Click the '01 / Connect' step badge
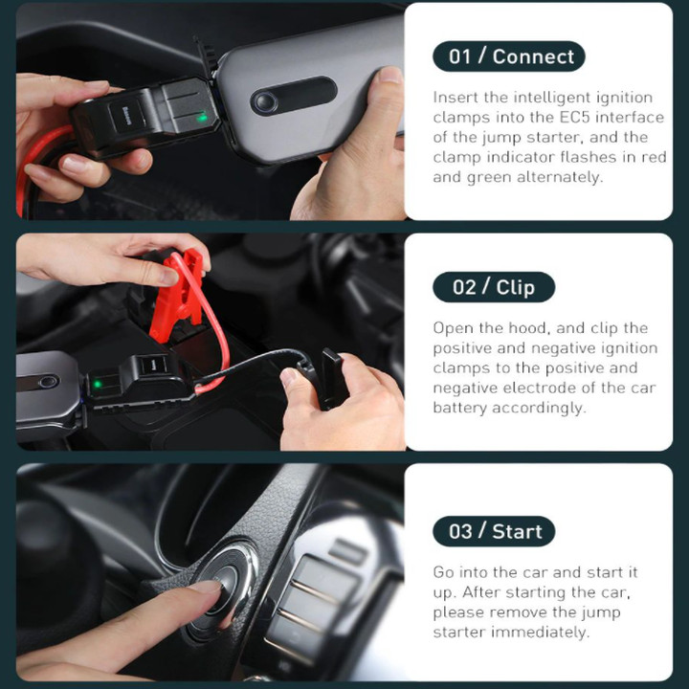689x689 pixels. (509, 56)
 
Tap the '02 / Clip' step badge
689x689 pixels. (494, 287)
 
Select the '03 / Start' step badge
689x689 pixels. (494, 531)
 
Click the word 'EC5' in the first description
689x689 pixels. (574, 118)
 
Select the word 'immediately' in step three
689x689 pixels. (540, 633)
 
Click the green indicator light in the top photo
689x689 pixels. (202, 118)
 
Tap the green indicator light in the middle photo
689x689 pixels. (97, 385)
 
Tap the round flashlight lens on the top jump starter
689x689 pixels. (264, 102)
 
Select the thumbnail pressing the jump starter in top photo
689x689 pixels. (389, 75)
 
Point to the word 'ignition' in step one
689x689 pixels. (627, 98)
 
